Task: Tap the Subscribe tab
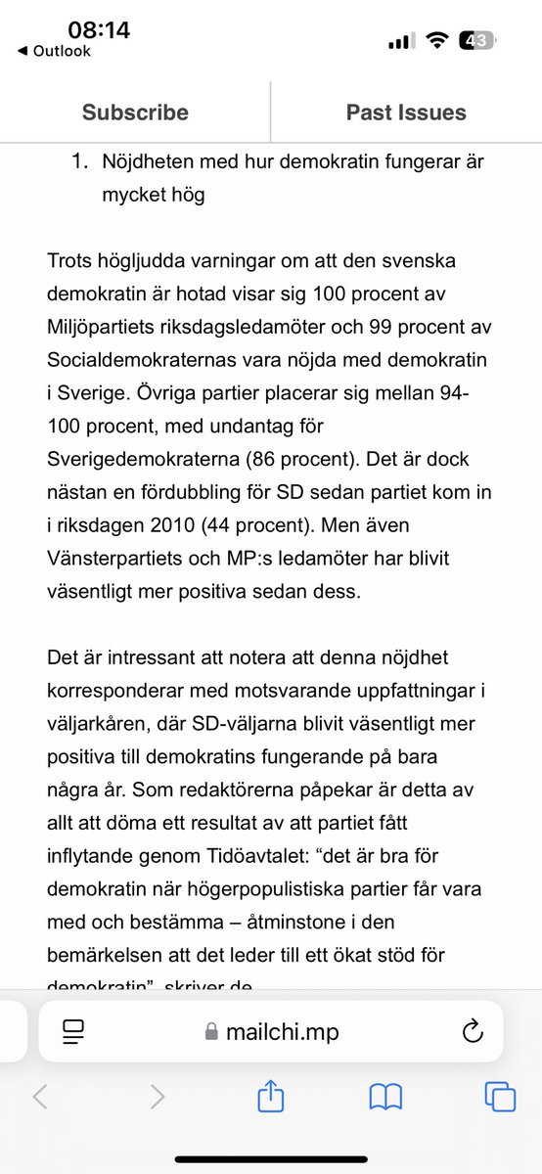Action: click(135, 113)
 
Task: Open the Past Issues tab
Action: click(406, 113)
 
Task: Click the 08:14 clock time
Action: click(98, 29)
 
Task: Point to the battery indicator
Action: click(479, 42)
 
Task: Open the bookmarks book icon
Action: click(386, 1098)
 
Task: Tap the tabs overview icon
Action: click(500, 1098)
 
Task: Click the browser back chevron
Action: click(40, 1098)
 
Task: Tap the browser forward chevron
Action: click(157, 1098)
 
